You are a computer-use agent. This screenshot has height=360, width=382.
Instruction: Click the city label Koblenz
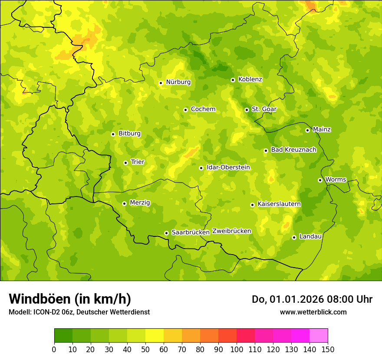[250, 79]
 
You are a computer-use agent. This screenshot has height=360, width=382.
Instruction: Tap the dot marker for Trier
[125, 163]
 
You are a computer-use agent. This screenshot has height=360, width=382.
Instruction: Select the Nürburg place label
[178, 82]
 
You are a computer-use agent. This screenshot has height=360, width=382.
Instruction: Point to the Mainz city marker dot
[307, 130]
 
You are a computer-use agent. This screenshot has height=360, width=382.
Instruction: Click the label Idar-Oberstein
[228, 167]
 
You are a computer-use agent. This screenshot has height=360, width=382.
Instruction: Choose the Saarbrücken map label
[191, 232]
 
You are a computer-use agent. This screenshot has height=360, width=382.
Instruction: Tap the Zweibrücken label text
[232, 231]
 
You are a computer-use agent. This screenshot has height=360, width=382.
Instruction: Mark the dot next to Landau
[294, 237]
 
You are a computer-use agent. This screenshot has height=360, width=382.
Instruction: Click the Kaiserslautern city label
[279, 204]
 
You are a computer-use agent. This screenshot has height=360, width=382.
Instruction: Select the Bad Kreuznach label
[293, 150]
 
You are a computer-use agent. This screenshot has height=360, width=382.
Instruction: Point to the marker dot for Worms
[320, 180]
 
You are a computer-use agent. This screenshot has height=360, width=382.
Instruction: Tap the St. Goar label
[264, 109]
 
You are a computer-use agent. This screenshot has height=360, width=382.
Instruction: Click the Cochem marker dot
[185, 110]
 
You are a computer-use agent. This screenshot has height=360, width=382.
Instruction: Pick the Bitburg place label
[129, 134]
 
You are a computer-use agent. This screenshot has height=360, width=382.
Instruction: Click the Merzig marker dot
[124, 203]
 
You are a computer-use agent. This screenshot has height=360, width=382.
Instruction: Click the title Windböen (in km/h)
[70, 299]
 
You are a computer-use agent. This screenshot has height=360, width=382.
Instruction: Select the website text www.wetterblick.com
[313, 312]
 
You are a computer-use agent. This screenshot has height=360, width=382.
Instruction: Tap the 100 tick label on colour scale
[237, 349]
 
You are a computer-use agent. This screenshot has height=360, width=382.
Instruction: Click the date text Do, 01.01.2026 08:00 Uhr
[312, 299]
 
